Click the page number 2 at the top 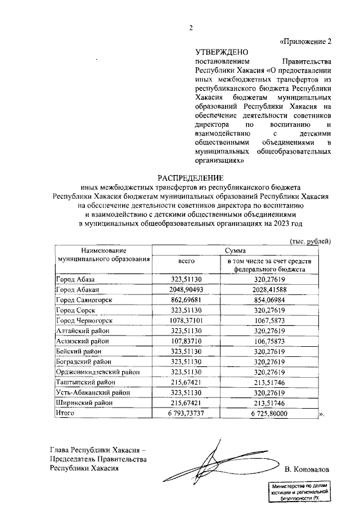pos(190,29)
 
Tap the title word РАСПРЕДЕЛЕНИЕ pos(190,177)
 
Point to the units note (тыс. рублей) pos(310,241)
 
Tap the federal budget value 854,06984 pos(269,300)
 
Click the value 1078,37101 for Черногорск pos(187,321)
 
